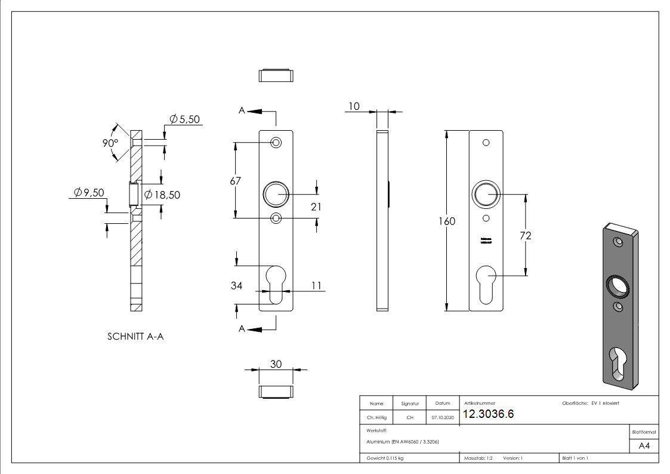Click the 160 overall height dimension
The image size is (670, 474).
coord(447,221)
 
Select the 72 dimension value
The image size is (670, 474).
coord(525,236)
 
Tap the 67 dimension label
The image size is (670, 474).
coord(236,181)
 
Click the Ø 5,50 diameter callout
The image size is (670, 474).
coord(184,119)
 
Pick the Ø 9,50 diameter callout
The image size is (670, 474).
coord(89,192)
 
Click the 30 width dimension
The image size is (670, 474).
coord(276,364)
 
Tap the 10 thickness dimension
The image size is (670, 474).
coord(354,106)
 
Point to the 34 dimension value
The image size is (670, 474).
coord(236,286)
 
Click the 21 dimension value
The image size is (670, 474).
coord(316,207)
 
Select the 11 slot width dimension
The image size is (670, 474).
coord(316,286)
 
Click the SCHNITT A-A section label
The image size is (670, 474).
coord(135,337)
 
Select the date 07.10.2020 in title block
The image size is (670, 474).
coord(442,418)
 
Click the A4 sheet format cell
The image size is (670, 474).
coord(644,446)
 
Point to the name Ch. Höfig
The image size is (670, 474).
coord(376,418)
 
